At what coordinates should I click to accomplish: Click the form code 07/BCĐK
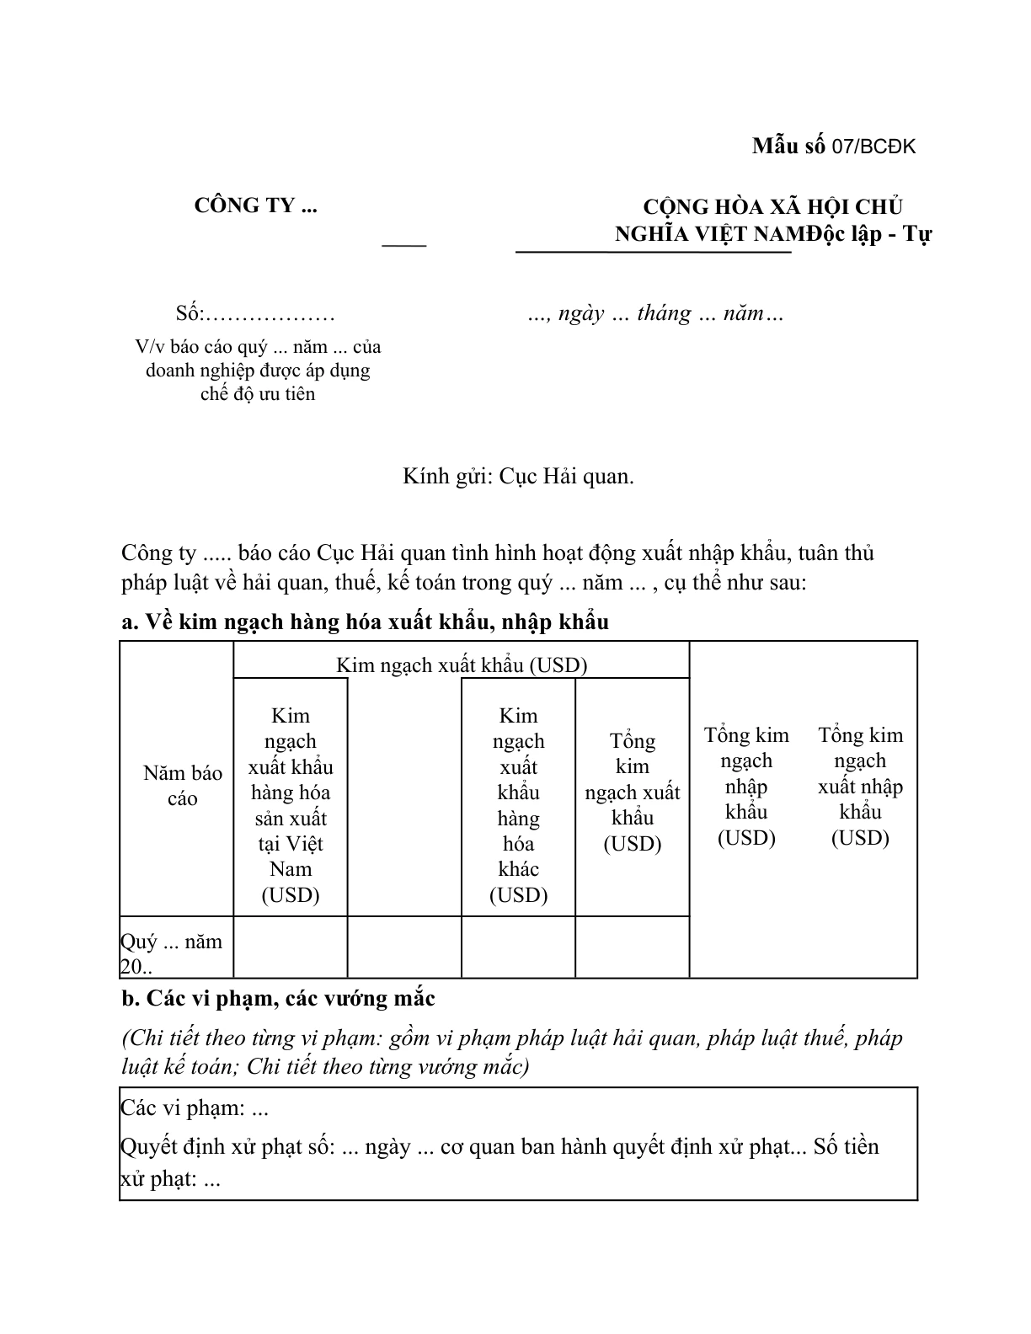coord(873,147)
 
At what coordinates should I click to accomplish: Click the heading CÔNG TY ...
coord(255,205)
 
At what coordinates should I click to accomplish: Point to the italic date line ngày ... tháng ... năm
coord(655,313)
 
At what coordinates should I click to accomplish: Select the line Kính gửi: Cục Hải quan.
coord(518,477)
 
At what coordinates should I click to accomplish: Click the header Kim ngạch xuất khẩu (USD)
coord(462,665)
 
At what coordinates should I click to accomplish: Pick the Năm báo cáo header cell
coord(182,786)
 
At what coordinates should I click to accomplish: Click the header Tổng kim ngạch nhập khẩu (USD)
coord(746,786)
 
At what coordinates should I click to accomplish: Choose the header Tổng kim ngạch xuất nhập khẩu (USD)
coord(860,786)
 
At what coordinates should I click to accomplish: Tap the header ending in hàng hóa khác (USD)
coord(518,805)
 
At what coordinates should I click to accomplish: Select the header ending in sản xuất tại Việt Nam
coord(291,805)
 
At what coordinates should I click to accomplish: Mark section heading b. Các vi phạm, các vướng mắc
coord(278,999)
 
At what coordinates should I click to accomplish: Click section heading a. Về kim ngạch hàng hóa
coord(365,622)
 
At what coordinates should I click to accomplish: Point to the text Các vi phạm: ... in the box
coord(195,1108)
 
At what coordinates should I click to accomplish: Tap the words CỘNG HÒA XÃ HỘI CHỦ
coord(772,207)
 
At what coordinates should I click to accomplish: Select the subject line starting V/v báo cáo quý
coord(258,347)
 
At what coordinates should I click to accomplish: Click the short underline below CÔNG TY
coord(404,245)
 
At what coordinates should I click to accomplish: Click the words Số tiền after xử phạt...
coord(846,1147)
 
